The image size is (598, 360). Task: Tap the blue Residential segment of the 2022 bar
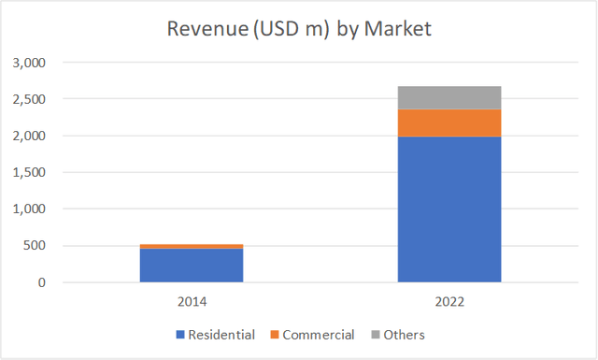pos(449,209)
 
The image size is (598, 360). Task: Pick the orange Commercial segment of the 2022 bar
pos(449,122)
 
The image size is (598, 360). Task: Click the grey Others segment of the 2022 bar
pos(449,97)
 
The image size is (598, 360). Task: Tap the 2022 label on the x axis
pos(449,303)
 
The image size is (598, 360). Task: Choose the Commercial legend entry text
pos(319,335)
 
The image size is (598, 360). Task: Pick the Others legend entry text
pos(405,335)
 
